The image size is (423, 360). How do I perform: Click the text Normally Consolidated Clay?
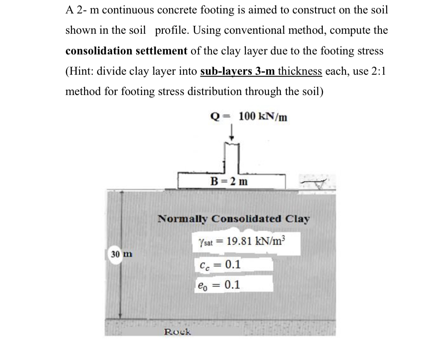point(233,219)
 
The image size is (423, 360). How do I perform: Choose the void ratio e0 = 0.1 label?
point(219,285)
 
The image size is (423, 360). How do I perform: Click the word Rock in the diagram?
point(177,332)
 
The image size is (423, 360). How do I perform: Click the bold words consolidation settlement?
point(126,51)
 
